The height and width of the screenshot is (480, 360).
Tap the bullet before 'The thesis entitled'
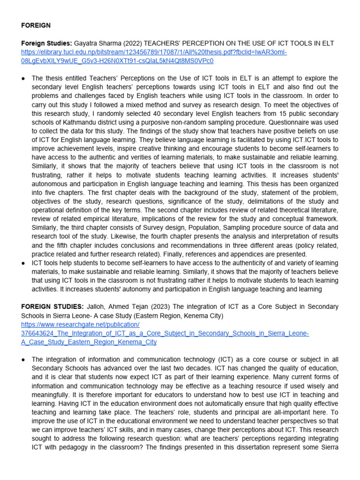click(23, 78)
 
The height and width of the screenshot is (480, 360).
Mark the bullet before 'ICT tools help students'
click(23, 263)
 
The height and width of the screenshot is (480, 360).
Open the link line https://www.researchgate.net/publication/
click(81, 324)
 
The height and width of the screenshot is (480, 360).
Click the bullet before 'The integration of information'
click(23, 360)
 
